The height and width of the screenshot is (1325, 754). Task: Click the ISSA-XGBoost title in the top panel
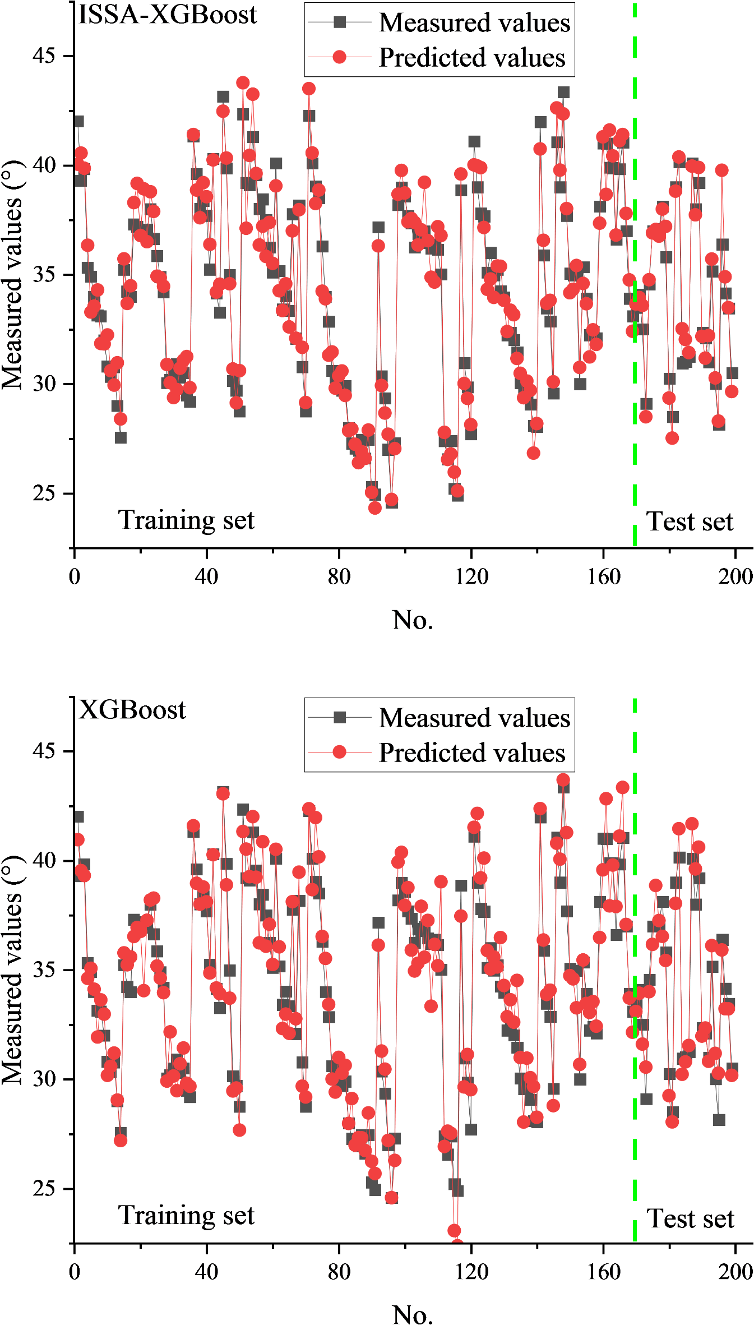coord(167,15)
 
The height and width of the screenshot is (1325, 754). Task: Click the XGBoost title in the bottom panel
coord(132,710)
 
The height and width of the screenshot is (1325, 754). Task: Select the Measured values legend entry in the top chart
coord(474,23)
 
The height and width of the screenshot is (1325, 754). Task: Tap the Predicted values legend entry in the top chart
coord(471,58)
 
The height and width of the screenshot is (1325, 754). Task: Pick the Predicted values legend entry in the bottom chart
coord(471,753)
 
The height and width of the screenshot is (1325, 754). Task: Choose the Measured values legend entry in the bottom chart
coord(474,718)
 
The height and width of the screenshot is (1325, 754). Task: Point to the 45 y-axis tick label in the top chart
coord(44,56)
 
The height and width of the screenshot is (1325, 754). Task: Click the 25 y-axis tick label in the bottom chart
coord(44,1188)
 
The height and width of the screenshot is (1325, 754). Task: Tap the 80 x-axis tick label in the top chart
coord(339,576)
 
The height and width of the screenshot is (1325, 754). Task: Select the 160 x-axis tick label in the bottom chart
coord(603,1272)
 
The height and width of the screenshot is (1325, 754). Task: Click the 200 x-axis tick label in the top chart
coord(735,576)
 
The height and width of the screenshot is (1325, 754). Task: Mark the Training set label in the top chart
coord(186,520)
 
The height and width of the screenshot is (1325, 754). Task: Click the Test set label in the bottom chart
coord(690,1219)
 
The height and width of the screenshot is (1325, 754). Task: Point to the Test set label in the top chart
coord(690,522)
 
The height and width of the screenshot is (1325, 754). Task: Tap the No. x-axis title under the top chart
coord(413,620)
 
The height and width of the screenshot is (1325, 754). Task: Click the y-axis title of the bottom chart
coord(12,970)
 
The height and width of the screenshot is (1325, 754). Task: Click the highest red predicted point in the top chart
coord(243,83)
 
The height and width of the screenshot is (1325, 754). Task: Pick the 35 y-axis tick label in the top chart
coord(44,275)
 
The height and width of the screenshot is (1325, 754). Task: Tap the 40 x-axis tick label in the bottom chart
coord(206,1272)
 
